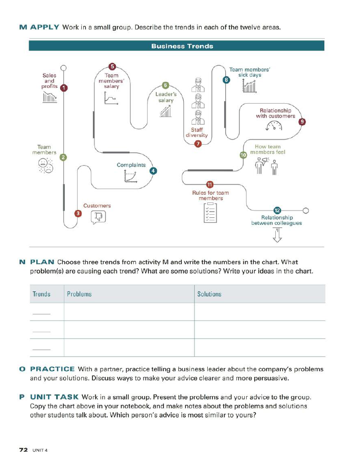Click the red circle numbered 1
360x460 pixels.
63,88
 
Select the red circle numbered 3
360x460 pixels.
78,213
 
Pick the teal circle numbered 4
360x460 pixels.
153,171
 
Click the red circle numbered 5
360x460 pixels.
112,66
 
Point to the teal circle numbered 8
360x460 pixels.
226,79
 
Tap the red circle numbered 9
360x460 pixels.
302,122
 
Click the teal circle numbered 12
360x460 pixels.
277,211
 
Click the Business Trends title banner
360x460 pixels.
182,46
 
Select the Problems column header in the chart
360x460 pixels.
79,294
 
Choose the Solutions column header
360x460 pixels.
209,294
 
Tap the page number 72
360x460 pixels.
23,450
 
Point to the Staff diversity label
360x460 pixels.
197,132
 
